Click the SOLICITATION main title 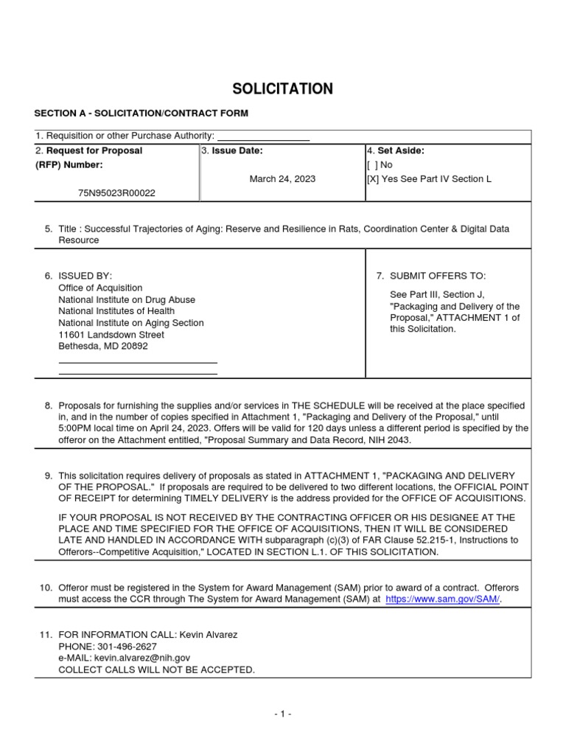[283, 89]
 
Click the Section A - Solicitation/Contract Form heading [141, 113]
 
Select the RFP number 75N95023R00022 [116, 192]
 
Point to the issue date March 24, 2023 [282, 178]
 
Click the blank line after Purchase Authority [263, 136]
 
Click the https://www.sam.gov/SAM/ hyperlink [443, 599]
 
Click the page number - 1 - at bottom [282, 714]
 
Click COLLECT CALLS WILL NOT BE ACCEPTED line [157, 669]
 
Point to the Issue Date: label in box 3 [237, 150]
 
